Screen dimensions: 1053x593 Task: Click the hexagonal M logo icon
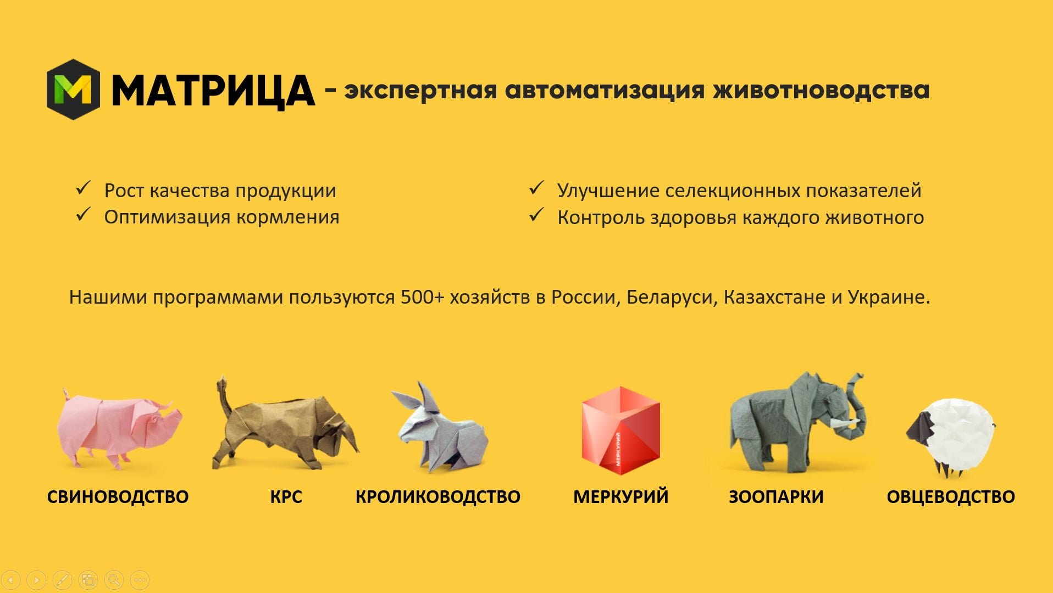(x=73, y=89)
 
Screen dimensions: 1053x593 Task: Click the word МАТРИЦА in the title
(x=213, y=91)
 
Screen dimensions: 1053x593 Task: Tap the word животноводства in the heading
(x=821, y=89)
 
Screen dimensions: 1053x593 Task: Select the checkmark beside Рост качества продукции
(x=83, y=189)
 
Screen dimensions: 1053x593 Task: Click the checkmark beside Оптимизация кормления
(x=83, y=215)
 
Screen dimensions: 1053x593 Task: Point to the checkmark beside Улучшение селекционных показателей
(x=536, y=188)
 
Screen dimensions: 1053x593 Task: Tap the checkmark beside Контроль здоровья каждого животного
(x=536, y=215)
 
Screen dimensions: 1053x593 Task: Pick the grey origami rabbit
(x=440, y=428)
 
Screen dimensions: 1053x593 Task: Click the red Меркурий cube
(x=620, y=430)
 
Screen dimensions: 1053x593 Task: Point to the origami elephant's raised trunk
(x=856, y=406)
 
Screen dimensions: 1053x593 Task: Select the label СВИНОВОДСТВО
(x=118, y=496)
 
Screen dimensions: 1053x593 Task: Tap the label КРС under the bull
(x=286, y=496)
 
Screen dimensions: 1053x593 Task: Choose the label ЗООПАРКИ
(x=776, y=496)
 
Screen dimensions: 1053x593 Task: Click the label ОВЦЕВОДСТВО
(x=951, y=496)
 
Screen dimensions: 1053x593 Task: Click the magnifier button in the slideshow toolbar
(x=114, y=579)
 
